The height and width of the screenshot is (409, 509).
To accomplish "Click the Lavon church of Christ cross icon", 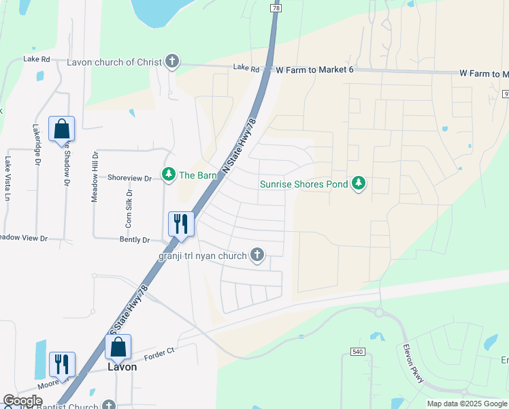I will point(172,62).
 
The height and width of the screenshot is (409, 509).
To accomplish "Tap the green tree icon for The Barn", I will point(168,175).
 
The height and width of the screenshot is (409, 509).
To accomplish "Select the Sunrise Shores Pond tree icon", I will point(359,183).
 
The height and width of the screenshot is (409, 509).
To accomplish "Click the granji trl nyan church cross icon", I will point(257,255).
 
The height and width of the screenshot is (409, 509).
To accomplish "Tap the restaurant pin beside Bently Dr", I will point(181,224).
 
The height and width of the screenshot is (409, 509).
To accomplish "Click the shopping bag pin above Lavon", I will point(118,346).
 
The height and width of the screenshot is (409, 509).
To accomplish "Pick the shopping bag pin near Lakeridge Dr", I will point(61,129).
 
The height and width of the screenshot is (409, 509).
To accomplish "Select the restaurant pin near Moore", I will point(62,364).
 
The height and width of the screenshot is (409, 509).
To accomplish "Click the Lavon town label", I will point(122,367).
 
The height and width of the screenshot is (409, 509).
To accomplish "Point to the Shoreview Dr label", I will point(129,178).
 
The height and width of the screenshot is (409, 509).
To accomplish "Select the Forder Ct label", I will point(160,352).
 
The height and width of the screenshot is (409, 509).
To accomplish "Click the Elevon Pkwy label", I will point(412,362).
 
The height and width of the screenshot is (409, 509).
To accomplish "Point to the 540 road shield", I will point(357,351).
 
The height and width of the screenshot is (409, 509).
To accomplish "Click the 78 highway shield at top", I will point(275,7).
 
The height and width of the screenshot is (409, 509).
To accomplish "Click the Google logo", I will point(22,401).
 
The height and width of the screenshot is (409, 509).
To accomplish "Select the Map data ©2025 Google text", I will point(466,404).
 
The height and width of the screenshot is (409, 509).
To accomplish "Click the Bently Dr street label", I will point(135,240).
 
